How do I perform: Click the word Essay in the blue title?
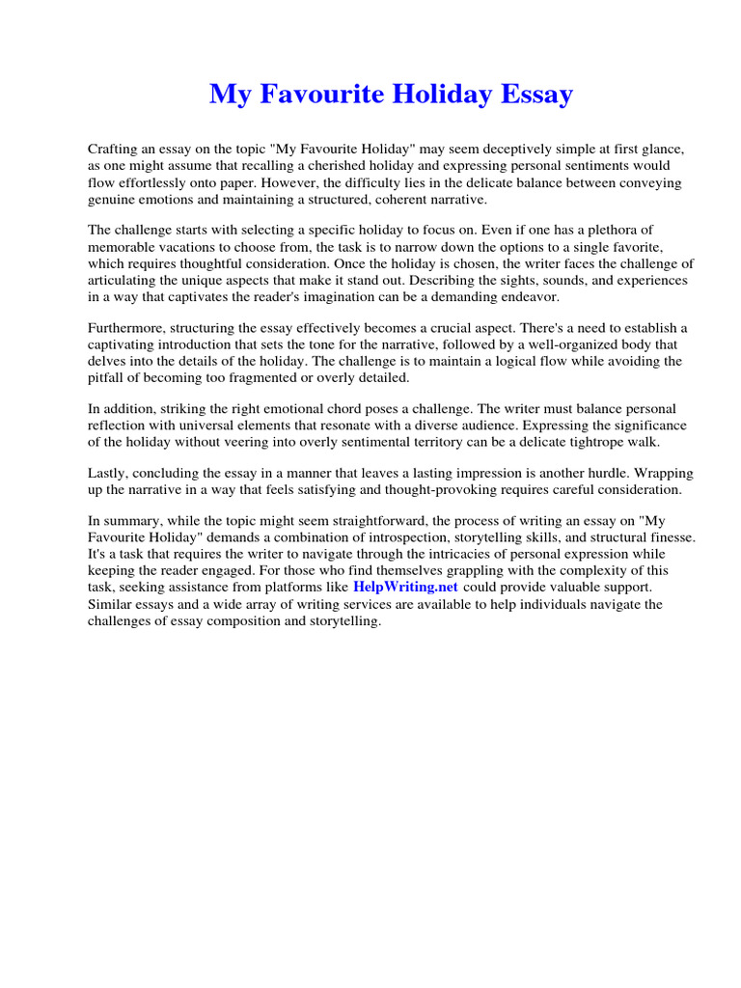tap(532, 95)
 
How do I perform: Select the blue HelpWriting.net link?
tap(405, 587)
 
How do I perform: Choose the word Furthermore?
tap(126, 328)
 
